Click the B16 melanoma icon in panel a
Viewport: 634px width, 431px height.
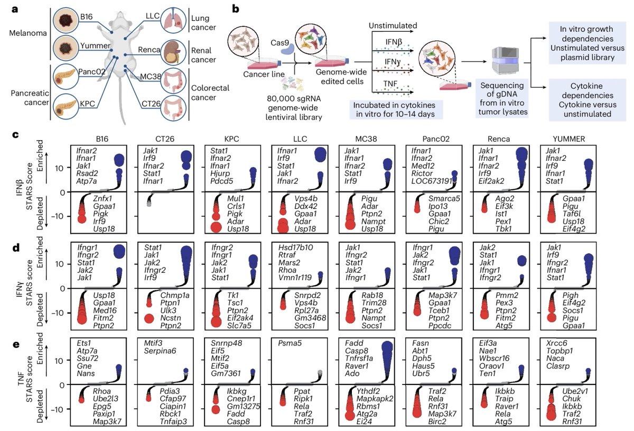66,21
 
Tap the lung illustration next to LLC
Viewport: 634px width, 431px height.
173,20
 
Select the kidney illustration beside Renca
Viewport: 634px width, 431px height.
173,52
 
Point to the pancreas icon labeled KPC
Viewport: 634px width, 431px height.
66,107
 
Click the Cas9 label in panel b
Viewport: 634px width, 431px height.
279,43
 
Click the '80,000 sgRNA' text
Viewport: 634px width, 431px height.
294,98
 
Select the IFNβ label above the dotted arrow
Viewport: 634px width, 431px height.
394,42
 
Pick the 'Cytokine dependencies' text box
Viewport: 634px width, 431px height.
588,100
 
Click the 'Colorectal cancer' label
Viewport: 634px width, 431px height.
210,93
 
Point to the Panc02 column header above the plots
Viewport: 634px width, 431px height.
436,139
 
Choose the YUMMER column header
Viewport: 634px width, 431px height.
568,139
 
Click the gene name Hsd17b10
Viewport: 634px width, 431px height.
295,247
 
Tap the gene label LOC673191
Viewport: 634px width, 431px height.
432,181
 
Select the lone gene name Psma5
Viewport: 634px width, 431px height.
290,343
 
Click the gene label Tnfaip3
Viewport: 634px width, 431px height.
173,421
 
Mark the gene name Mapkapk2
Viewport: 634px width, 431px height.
375,399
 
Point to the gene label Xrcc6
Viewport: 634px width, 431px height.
557,343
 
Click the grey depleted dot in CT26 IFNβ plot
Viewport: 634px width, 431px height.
149,203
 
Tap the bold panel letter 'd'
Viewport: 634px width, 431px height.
16,247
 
